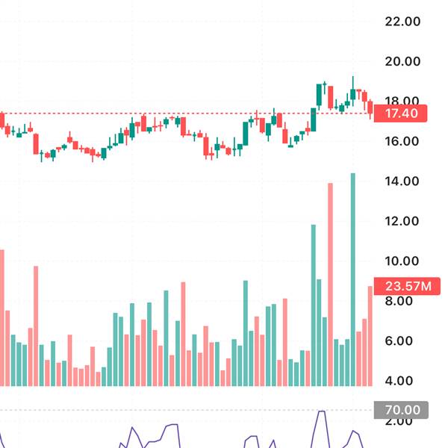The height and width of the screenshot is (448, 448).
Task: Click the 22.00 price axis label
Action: point(402,22)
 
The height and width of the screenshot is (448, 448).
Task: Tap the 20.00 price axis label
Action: point(402,61)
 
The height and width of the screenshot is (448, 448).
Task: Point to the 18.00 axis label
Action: point(402,101)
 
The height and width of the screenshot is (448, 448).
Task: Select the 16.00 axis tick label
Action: point(402,141)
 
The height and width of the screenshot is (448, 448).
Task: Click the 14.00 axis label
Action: point(402,181)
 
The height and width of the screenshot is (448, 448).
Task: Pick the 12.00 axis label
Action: point(402,221)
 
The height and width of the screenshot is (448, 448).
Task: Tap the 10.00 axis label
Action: point(402,261)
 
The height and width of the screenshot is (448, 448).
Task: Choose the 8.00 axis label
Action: point(402,301)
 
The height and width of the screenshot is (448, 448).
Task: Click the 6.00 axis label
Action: point(402,340)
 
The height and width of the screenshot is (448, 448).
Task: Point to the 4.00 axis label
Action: point(402,381)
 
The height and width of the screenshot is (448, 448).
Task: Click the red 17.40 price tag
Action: point(401,113)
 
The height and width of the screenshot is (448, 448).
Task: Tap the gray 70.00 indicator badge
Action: point(402,410)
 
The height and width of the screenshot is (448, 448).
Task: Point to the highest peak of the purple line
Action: point(322,411)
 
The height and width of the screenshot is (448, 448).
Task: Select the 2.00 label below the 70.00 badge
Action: point(402,422)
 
